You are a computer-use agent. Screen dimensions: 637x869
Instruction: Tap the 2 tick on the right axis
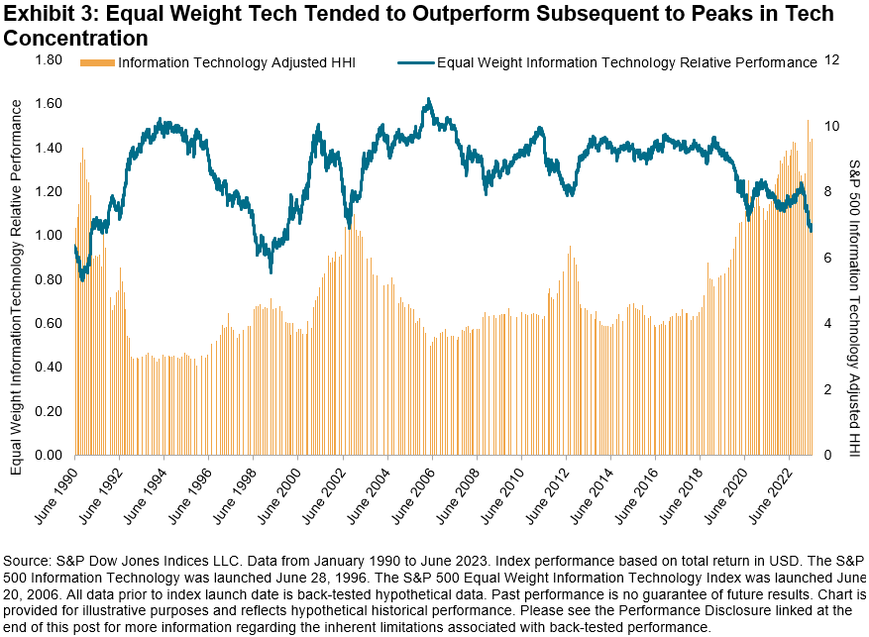[830, 389]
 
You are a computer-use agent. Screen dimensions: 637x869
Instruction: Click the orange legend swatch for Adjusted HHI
[97, 62]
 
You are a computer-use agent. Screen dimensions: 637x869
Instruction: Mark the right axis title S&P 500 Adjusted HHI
[854, 297]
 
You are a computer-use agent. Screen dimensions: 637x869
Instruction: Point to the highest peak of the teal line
[427, 99]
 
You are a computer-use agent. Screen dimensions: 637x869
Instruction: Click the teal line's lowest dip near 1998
[271, 271]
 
